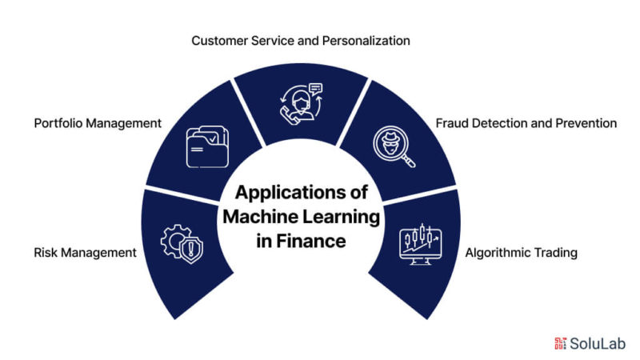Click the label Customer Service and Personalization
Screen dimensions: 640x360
pyautogui.click(x=301, y=41)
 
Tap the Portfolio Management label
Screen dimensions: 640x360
pyautogui.click(x=98, y=123)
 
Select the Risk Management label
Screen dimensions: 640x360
pyautogui.click(x=85, y=253)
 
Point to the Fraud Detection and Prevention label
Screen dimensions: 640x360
pyautogui.click(x=526, y=123)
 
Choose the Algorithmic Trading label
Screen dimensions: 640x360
pyautogui.click(x=522, y=253)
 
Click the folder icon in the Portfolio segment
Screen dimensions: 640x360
pyautogui.click(x=207, y=147)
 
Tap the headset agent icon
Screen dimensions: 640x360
pyautogui.click(x=302, y=104)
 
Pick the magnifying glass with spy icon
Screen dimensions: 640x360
pyautogui.click(x=394, y=146)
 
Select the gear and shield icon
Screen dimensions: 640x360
pyautogui.click(x=182, y=244)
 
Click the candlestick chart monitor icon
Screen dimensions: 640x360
pyautogui.click(x=421, y=244)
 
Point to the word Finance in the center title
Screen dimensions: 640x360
pyautogui.click(x=311, y=241)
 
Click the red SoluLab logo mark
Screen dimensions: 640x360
pyautogui.click(x=561, y=343)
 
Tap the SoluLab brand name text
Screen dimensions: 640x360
pyautogui.click(x=598, y=344)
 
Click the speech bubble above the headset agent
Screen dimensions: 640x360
pyautogui.click(x=315, y=89)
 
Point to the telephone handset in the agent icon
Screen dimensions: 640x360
pyautogui.click(x=288, y=114)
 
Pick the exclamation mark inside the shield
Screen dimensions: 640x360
pyautogui.click(x=190, y=249)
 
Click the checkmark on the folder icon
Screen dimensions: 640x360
pyautogui.click(x=213, y=139)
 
